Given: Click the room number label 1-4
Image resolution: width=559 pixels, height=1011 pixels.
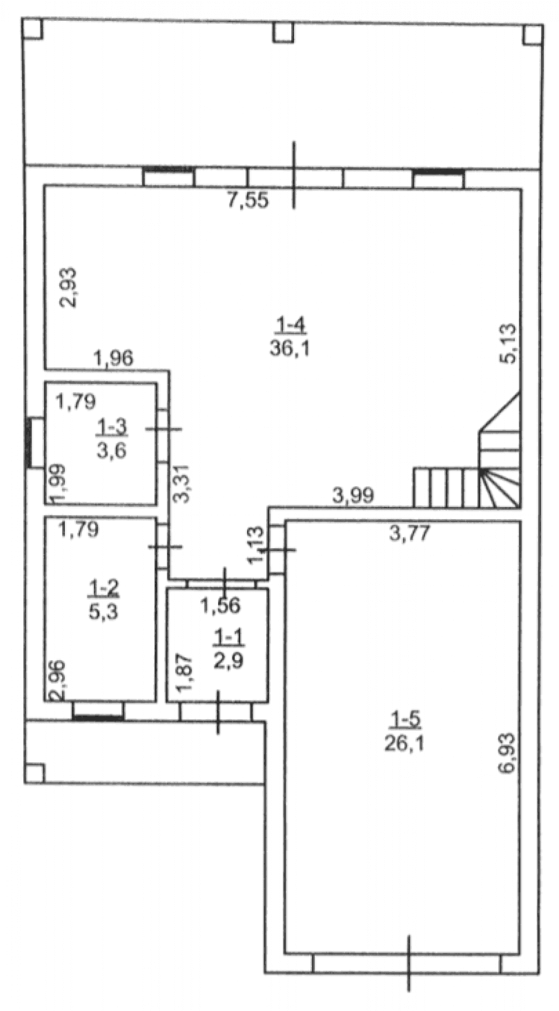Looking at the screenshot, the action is [x=290, y=324].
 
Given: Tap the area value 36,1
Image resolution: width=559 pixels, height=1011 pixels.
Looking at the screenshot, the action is [x=290, y=349].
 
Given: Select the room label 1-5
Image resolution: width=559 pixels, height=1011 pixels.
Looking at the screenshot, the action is [x=405, y=718].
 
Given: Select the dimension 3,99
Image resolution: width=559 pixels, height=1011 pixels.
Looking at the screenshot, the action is [x=353, y=495].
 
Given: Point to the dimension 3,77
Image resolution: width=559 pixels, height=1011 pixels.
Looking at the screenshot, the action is [x=410, y=533].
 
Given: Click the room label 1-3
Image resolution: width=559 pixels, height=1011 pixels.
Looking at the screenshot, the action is [x=112, y=428].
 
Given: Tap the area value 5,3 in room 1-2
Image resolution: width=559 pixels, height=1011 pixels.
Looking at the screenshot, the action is [x=103, y=612].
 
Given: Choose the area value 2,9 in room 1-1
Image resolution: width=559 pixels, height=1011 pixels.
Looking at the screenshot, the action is [x=229, y=661].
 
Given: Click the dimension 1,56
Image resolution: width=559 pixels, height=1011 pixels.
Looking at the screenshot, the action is [x=221, y=605].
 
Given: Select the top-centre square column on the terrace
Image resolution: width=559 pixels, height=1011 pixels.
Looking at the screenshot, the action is [x=283, y=32].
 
